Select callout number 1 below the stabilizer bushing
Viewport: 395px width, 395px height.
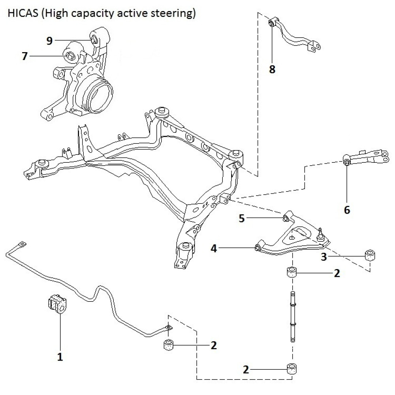(x=60, y=357)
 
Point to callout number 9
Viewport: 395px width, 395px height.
(x=49, y=41)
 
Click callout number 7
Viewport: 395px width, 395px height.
(x=25, y=56)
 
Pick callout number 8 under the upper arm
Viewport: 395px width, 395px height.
(x=272, y=70)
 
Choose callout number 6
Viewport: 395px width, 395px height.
(x=347, y=210)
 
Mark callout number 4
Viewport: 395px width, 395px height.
(x=214, y=248)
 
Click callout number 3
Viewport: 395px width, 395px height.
(x=324, y=257)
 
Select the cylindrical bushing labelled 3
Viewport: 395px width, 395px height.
(x=370, y=255)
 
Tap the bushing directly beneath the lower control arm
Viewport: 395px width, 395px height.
(x=292, y=273)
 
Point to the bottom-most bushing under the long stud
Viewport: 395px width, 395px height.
(x=292, y=369)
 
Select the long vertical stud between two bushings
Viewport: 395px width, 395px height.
(x=292, y=316)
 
